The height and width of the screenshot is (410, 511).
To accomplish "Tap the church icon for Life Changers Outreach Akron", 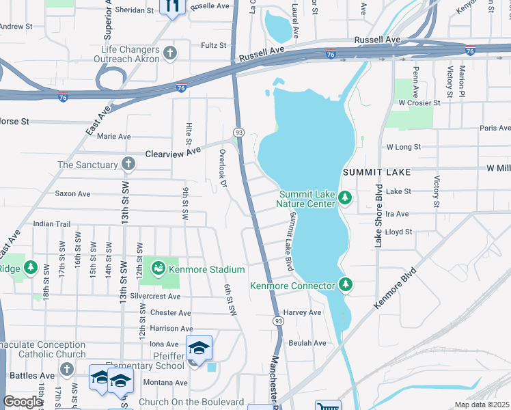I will click(x=170, y=53).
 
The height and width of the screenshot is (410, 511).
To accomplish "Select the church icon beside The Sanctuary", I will click(x=128, y=164).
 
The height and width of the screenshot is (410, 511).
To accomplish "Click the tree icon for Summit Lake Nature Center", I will click(x=346, y=198).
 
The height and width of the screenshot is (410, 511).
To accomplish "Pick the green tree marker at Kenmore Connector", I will click(x=346, y=285).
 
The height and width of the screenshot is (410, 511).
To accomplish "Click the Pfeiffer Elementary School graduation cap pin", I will click(x=199, y=348).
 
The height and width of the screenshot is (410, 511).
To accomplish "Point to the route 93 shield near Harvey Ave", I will click(x=278, y=320).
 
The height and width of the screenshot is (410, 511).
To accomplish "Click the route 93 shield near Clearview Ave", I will click(x=239, y=131).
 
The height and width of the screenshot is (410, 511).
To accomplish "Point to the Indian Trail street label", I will click(x=52, y=223).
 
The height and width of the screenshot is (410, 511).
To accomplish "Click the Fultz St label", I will click(x=214, y=45).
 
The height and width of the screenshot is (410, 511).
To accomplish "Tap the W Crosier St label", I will click(x=422, y=102).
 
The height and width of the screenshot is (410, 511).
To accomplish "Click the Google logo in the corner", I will click(x=23, y=402).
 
